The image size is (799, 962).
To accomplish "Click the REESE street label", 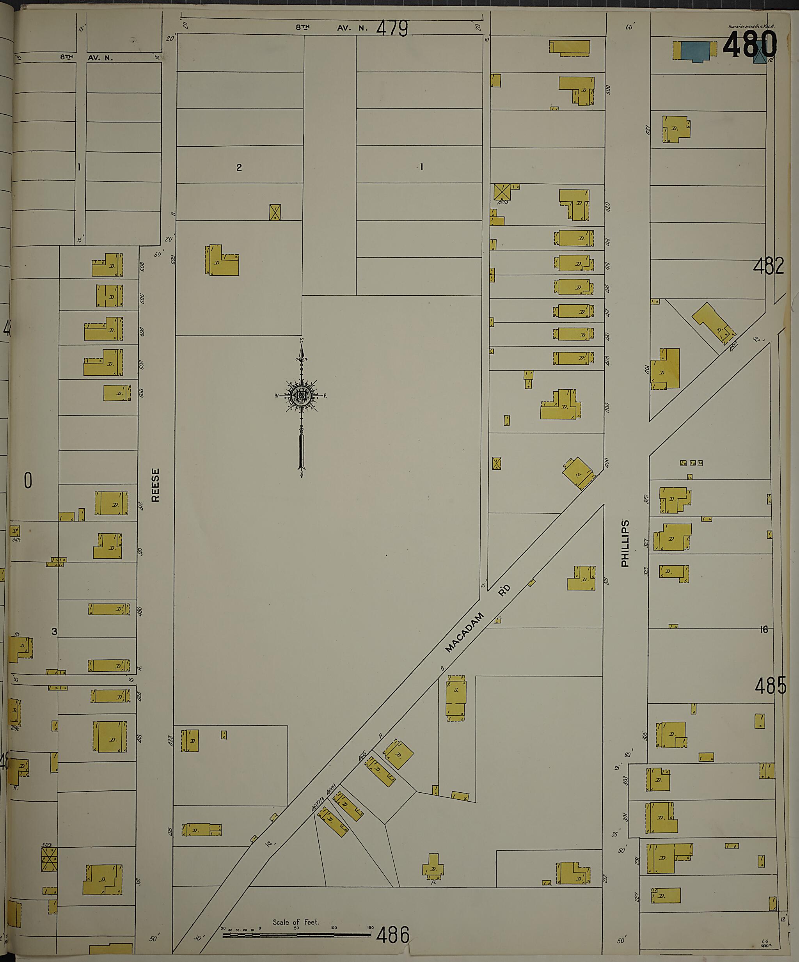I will pyautogui.click(x=155, y=485).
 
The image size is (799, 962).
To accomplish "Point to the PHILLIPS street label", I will pyautogui.click(x=625, y=543).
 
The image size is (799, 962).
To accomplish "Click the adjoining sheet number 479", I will pyautogui.click(x=392, y=29).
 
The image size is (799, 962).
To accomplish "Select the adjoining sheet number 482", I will pyautogui.click(x=768, y=266).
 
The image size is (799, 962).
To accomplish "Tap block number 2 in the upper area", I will pyautogui.click(x=239, y=168).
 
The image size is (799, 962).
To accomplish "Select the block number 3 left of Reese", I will pyautogui.click(x=54, y=632).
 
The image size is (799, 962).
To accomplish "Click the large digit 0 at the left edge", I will pyautogui.click(x=28, y=481).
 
